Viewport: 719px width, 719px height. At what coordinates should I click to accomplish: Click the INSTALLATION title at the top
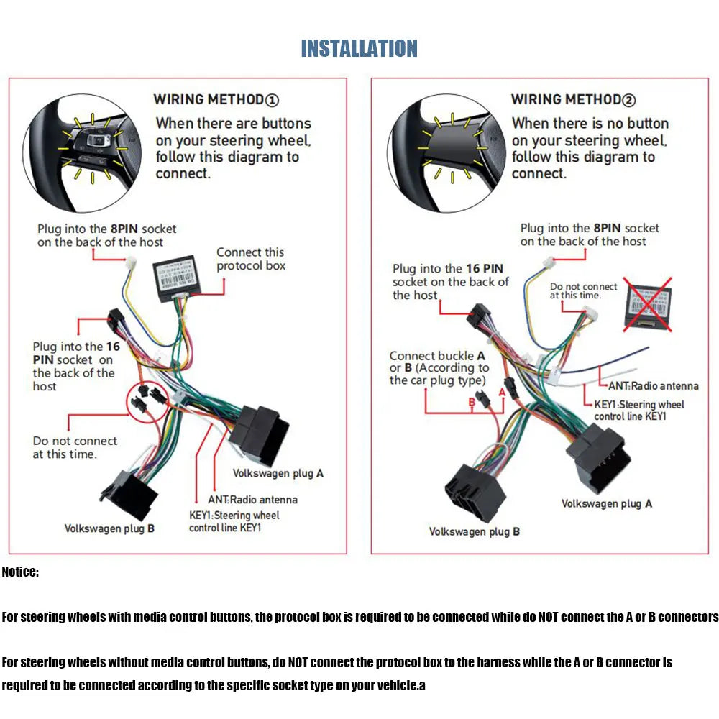click(359, 48)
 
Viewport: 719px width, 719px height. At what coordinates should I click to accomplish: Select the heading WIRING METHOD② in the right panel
click(573, 99)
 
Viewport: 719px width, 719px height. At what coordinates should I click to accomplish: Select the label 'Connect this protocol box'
click(250, 259)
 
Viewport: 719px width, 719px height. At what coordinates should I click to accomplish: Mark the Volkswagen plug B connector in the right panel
click(474, 492)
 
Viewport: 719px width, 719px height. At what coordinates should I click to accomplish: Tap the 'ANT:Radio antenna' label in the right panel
click(653, 385)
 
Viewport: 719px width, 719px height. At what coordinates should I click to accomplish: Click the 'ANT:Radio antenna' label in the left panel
click(243, 499)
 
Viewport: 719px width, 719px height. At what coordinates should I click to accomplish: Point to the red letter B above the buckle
click(472, 402)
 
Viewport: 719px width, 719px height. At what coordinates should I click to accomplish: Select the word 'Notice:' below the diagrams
click(20, 572)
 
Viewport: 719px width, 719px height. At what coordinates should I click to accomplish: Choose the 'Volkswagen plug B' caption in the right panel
click(474, 531)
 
